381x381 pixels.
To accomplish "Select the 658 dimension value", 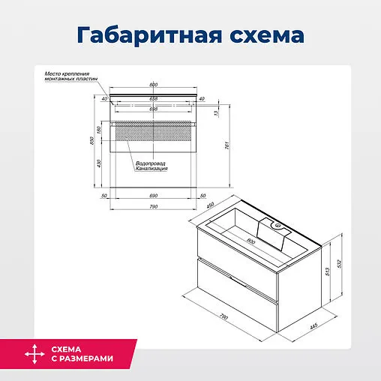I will click(153, 98).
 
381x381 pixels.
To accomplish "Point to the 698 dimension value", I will click(153, 109).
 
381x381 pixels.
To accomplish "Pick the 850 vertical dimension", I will click(91, 142).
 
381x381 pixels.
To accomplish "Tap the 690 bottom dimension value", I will click(153, 196).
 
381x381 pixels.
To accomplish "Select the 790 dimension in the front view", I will click(153, 207).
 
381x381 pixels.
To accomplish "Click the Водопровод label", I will click(150, 163).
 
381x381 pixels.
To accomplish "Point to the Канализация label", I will click(151, 169).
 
